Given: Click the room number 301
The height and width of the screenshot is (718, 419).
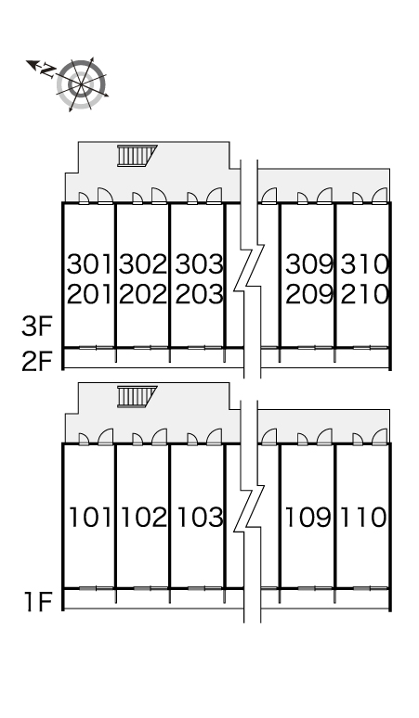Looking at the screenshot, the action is point(89,264).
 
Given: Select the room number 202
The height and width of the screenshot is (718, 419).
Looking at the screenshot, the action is point(143,294).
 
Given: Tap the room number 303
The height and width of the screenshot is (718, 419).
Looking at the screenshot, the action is point(199,264).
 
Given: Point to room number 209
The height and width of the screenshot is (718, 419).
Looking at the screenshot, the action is point(309,294).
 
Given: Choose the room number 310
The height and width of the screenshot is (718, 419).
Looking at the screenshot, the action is point(364,264).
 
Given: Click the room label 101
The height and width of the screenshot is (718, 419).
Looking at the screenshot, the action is point(90,518).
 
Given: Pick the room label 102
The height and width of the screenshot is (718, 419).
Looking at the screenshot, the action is point(144,518).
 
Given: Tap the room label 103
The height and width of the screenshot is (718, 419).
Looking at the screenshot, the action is point(200,518).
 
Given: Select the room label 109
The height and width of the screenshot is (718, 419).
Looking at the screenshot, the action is point(308,518).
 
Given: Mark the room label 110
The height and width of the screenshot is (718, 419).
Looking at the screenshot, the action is point(363,518).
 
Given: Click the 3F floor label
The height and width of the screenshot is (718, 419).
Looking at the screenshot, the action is point(37,327).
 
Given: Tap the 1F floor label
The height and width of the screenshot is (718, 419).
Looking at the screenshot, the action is point(38,602).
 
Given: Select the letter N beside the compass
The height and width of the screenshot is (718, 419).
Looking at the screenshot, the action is point(47,71).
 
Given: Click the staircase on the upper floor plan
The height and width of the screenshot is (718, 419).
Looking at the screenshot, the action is point(137,156).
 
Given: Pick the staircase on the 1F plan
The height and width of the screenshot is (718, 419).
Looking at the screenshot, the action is point(137,396).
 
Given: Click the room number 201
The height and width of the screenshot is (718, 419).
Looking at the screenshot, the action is point(89,294).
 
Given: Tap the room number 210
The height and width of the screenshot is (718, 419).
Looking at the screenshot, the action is point(364,294).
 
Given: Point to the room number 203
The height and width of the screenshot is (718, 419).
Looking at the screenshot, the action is point(199,294).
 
